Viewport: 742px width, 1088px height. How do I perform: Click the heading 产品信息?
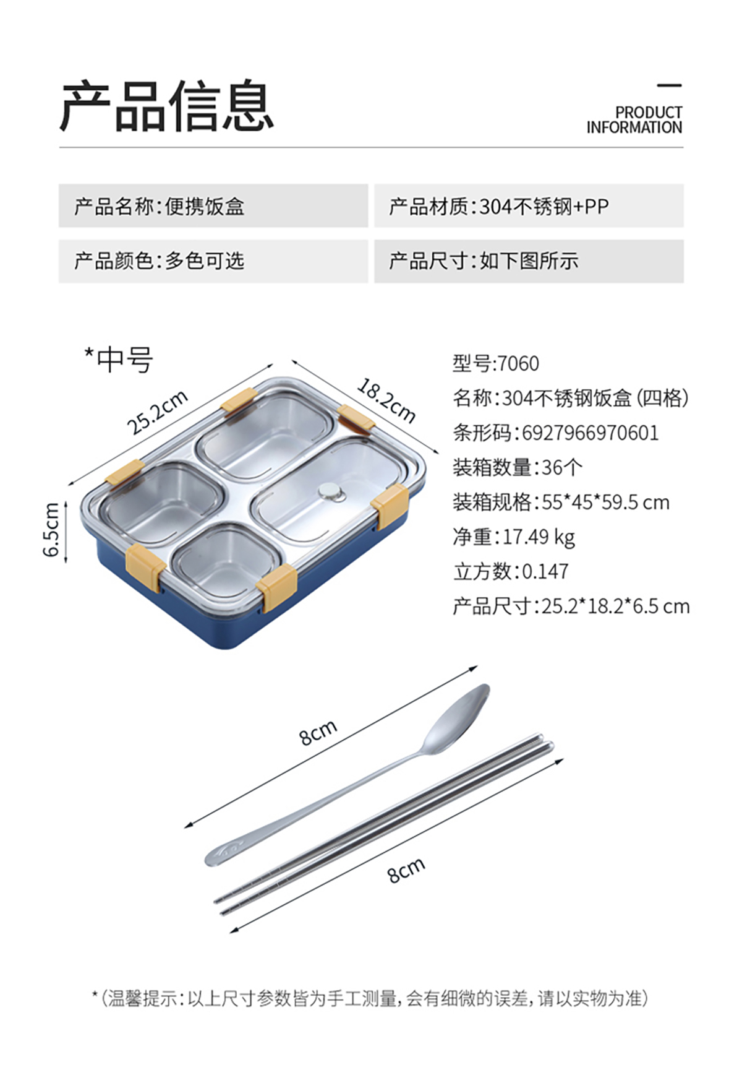167,106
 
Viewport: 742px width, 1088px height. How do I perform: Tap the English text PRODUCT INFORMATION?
634,120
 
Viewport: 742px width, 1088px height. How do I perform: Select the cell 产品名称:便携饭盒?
213,205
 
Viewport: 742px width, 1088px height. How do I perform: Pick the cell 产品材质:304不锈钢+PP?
529,205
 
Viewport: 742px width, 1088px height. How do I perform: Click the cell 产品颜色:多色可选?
213,261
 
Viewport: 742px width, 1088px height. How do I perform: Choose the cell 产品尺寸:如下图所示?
529,261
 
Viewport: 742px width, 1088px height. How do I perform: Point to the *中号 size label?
119,360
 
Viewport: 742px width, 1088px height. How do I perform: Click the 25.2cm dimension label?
157,413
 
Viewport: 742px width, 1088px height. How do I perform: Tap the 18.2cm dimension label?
386,402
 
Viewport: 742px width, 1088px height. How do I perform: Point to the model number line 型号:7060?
496,363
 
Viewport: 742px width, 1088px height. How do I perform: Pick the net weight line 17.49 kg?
514,537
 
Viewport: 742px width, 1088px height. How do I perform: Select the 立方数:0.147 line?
511,571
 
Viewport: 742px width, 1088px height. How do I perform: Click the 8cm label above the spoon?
318,732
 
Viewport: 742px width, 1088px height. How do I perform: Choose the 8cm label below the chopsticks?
406,870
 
